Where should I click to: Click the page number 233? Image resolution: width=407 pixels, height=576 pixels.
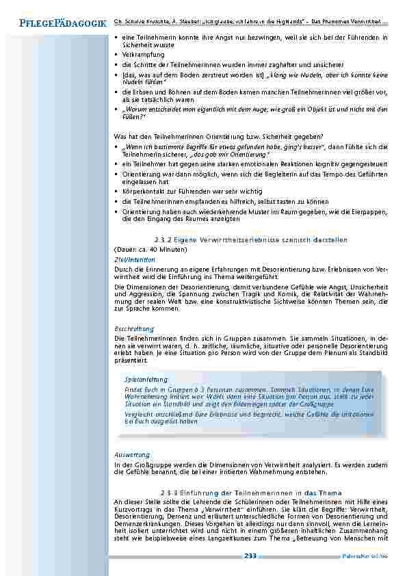point(250,556)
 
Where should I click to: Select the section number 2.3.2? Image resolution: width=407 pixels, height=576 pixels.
point(163,239)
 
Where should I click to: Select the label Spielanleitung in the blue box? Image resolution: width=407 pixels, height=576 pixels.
point(146,378)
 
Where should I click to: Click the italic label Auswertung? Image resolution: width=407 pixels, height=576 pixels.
point(132,454)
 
